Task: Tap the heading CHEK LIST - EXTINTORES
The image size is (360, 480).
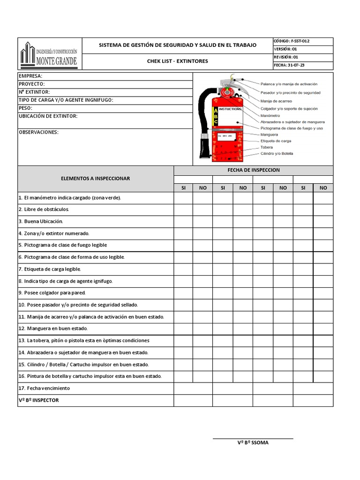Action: click(177, 61)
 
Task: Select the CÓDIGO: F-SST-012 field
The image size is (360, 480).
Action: click(291, 41)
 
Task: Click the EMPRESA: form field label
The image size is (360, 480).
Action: click(30, 76)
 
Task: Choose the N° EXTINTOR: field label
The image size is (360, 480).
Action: click(34, 92)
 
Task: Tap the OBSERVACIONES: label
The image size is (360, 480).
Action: click(38, 132)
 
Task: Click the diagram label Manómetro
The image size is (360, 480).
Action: click(270, 115)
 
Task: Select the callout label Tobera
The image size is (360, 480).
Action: click(267, 147)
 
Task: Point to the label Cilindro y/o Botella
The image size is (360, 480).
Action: click(277, 153)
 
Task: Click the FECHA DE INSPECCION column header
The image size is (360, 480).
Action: click(253, 170)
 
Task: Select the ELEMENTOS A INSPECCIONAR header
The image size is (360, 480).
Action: click(96, 179)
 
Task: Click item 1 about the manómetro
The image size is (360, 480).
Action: click(70, 198)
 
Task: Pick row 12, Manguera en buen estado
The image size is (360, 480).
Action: click(53, 328)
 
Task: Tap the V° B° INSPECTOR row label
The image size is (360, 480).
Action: click(39, 400)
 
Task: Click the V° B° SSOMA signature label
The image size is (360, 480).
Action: click(253, 442)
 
